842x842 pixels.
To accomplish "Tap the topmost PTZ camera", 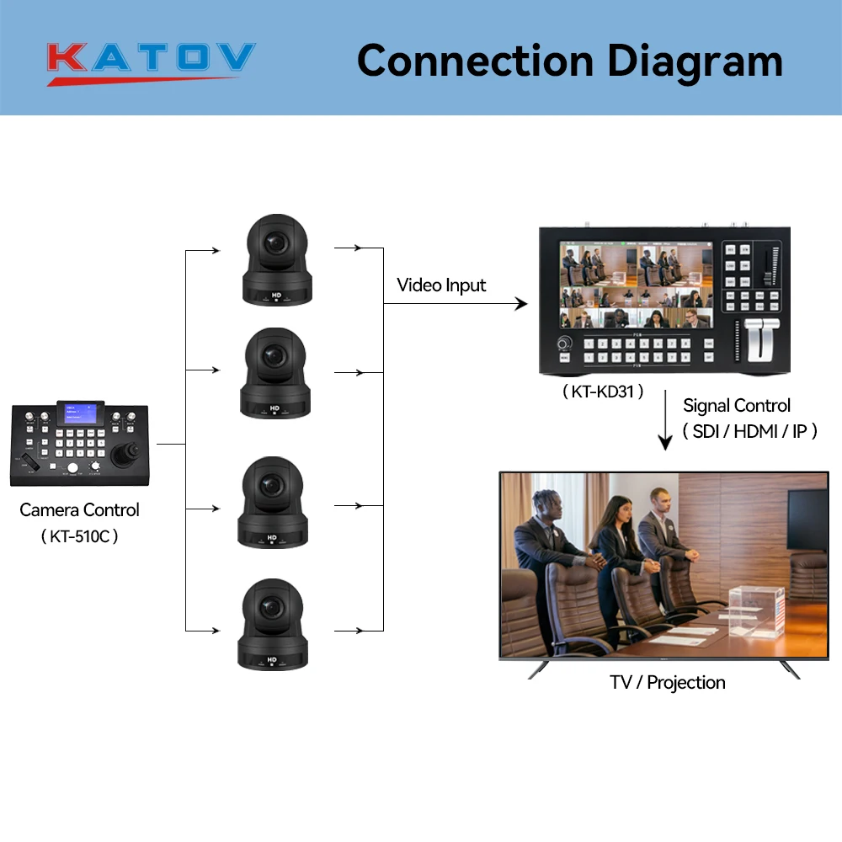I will click(x=276, y=261).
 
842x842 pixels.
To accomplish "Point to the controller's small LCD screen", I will click(x=79, y=414).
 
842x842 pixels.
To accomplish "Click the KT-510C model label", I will click(x=79, y=536).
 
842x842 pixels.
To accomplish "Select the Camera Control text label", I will click(x=79, y=509).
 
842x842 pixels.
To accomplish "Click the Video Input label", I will click(x=441, y=285).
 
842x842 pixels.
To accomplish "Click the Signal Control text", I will click(x=737, y=406).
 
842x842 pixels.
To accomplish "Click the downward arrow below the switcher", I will click(x=665, y=421).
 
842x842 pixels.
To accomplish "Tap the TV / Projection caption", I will click(x=668, y=683).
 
